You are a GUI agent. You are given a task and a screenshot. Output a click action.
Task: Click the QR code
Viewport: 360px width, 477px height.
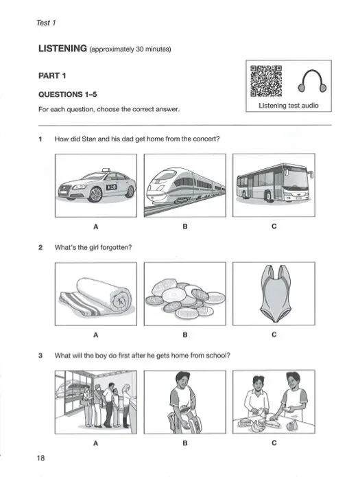[x=267, y=80]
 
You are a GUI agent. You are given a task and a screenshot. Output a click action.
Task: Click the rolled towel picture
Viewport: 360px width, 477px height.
[x=95, y=294]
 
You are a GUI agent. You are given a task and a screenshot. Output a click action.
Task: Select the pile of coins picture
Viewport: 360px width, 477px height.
[x=184, y=294]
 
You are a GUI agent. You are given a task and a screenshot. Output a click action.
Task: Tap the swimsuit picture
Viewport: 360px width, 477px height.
[x=274, y=294]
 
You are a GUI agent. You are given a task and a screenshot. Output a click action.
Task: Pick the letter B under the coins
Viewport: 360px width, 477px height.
[x=184, y=335]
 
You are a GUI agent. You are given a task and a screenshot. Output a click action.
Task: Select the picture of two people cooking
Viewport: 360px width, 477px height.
[x=274, y=402]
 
